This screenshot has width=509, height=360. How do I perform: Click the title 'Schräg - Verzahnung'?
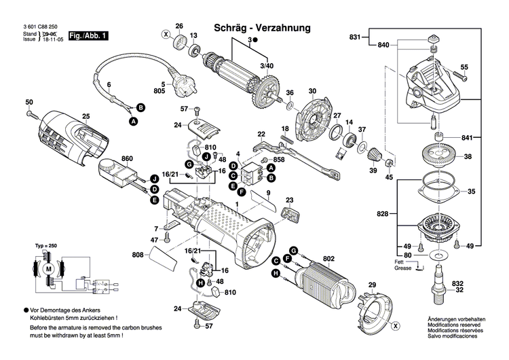pyautogui.click(x=262, y=28)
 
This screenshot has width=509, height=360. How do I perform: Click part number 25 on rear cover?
pyautogui.click(x=86, y=117)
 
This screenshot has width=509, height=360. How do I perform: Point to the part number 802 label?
pyautogui.click(x=328, y=258)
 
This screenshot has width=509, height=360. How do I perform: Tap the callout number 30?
pyautogui.click(x=312, y=92)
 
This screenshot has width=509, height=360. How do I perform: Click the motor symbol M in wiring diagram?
pyautogui.click(x=48, y=270)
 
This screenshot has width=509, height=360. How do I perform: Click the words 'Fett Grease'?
pyautogui.click(x=403, y=264)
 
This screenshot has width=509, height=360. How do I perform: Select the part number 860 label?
pyautogui.click(x=127, y=159)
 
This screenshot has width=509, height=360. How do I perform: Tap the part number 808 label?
pyautogui.click(x=138, y=256)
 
